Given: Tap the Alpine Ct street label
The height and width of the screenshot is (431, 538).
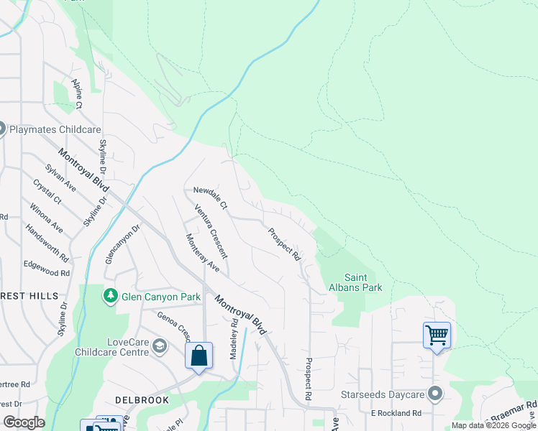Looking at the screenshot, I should click(x=77, y=94).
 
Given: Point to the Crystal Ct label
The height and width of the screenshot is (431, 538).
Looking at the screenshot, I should click(x=47, y=193).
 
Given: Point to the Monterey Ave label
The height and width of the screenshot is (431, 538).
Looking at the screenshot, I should click(x=202, y=252).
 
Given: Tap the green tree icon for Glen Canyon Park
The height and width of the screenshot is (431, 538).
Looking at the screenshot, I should click(x=110, y=295).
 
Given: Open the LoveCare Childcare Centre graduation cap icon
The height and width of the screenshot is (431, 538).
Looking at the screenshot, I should click(x=159, y=348).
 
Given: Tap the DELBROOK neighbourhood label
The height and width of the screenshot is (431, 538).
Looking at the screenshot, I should click(x=142, y=399).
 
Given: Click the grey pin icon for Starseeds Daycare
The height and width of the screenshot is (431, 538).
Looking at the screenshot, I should click(x=434, y=394).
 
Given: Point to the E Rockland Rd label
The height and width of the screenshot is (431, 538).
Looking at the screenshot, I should click(x=396, y=413).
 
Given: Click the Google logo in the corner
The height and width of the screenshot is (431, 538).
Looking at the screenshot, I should click(x=24, y=422).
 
